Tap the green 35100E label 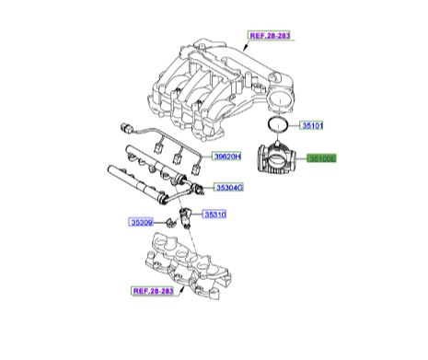pyautogui.click(x=323, y=158)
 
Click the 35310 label pyautogui.click(x=214, y=215)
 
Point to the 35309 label pyautogui.click(x=140, y=222)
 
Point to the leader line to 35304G pyautogui.click(x=207, y=186)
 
